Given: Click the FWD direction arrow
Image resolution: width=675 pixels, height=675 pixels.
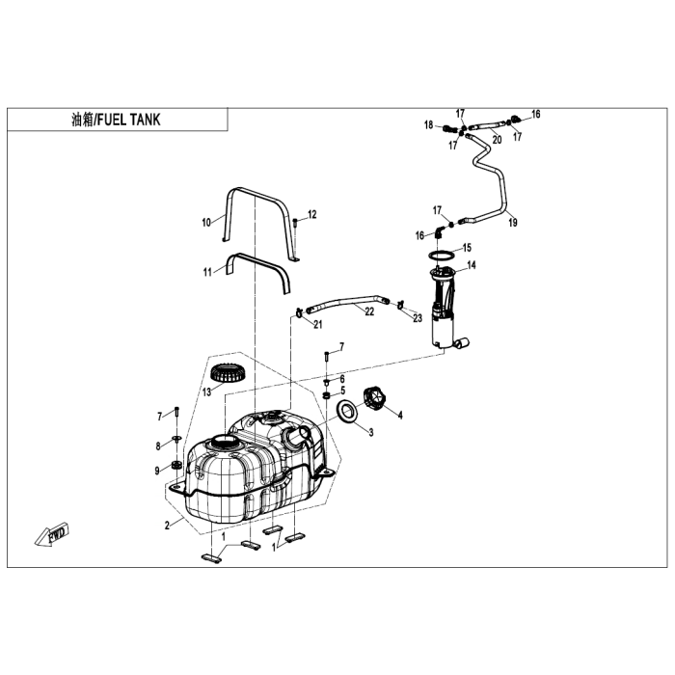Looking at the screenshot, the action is [x=52, y=534].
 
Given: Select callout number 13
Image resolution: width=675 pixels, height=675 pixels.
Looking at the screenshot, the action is [x=207, y=392].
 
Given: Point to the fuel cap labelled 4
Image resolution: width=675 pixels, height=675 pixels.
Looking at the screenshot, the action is [x=374, y=397].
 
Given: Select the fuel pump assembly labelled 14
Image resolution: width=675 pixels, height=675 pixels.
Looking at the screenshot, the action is [x=446, y=307].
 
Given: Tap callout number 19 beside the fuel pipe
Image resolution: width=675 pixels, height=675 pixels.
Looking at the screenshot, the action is [x=513, y=223].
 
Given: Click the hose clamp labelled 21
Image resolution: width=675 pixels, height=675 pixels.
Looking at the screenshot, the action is [x=300, y=312].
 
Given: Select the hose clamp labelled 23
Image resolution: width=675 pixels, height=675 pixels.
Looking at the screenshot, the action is [x=400, y=305].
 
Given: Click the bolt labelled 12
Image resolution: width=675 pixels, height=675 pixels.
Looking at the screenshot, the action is [x=295, y=224].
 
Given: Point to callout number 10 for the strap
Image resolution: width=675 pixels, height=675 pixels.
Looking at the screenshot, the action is [x=206, y=222].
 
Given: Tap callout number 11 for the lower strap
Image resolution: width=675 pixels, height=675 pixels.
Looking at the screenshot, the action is [x=207, y=272].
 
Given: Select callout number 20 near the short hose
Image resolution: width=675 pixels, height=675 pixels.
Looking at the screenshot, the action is [x=497, y=140].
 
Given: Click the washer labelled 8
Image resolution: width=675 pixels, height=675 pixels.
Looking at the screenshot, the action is [x=176, y=439].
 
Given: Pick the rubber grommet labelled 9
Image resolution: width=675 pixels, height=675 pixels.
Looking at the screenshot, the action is [x=176, y=465].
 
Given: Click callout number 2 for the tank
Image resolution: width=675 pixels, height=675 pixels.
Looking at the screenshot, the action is [x=167, y=526].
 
